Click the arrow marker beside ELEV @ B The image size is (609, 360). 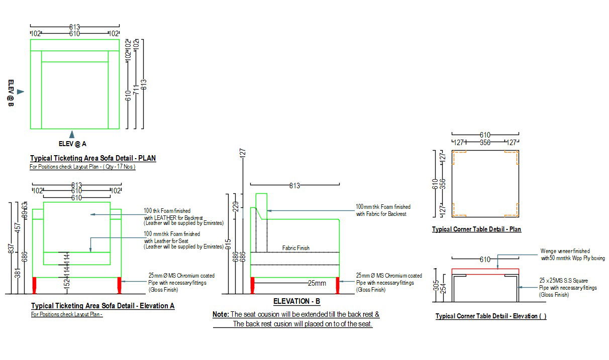pos(20,92)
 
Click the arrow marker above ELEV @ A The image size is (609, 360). pos(72,134)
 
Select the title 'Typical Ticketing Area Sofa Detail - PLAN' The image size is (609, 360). pos(93,158)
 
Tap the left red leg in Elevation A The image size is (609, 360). pos(35,285)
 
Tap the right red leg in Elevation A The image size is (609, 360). pos(120,285)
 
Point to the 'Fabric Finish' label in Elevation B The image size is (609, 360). pos(296,248)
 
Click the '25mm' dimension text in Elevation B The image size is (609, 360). pos(317,283)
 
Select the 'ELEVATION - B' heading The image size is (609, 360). pos(296,302)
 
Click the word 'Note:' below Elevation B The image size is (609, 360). pos(221,314)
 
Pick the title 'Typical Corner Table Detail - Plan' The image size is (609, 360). pos(476,229)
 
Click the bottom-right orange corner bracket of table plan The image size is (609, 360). pos(514,211)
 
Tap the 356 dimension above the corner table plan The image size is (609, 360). pos(485,143)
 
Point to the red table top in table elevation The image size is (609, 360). pos(485,271)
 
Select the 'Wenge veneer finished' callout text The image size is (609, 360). pos(565,251)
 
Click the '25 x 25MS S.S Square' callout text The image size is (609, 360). pos(563,281)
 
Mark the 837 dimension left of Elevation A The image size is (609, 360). pos(11,250)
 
